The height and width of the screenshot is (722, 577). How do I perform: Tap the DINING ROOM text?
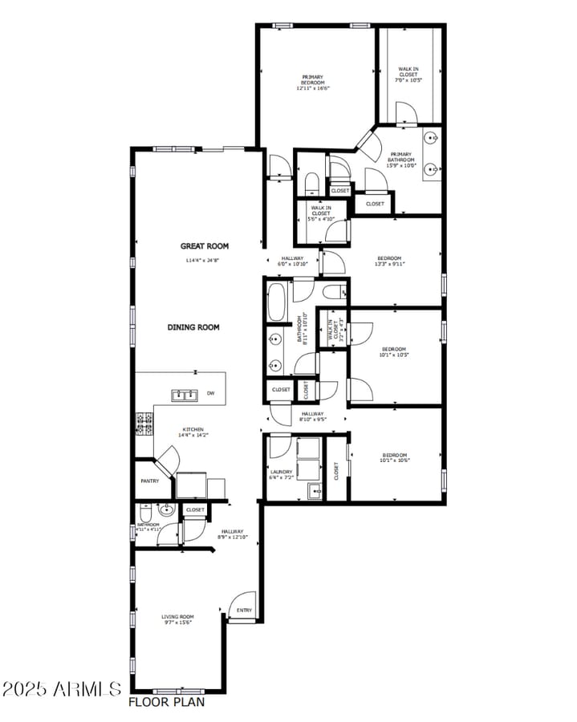point(193,327)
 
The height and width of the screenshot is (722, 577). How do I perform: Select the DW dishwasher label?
point(211,393)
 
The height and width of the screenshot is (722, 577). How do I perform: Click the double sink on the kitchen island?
point(185,394)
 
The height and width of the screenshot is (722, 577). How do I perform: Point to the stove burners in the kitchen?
point(144,423)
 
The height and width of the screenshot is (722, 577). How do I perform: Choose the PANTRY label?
point(150,481)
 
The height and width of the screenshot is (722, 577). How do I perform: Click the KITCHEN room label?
point(193,429)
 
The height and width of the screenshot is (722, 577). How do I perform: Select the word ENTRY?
point(244,610)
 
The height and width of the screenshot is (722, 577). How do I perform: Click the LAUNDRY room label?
point(281,472)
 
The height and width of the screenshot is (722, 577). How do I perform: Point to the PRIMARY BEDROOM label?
point(313,80)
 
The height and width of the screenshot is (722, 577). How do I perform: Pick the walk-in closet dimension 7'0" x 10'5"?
point(408,80)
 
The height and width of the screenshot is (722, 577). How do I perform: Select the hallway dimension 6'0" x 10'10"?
point(293,264)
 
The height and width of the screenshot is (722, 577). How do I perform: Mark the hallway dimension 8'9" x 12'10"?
point(233,537)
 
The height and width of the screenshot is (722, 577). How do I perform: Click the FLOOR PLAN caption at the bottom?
point(166,702)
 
